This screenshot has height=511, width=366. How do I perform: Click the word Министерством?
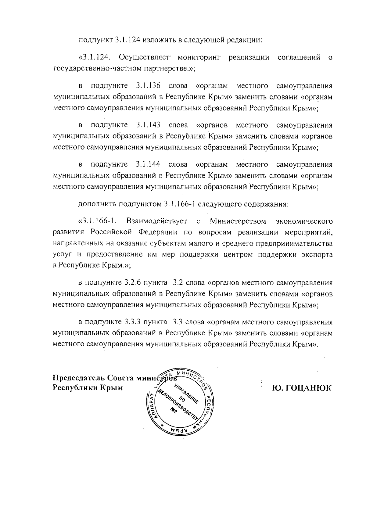238,221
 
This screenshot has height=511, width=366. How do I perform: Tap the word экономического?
304,221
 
